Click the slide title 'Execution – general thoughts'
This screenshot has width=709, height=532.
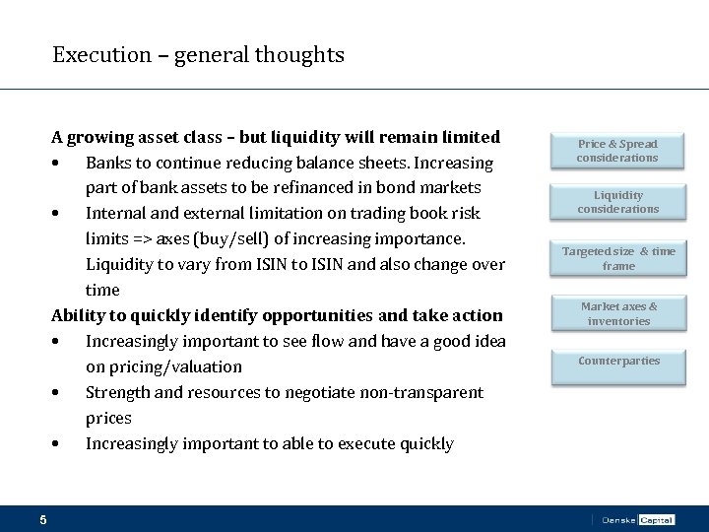point(198,55)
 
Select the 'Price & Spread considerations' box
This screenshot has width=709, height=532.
point(617,151)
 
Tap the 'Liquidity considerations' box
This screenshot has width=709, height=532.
point(617,202)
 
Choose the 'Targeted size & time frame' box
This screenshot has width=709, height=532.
point(617,258)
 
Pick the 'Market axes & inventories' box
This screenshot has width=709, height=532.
point(617,314)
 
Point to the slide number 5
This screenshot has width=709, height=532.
point(43,519)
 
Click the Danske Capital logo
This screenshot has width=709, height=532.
point(637,519)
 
